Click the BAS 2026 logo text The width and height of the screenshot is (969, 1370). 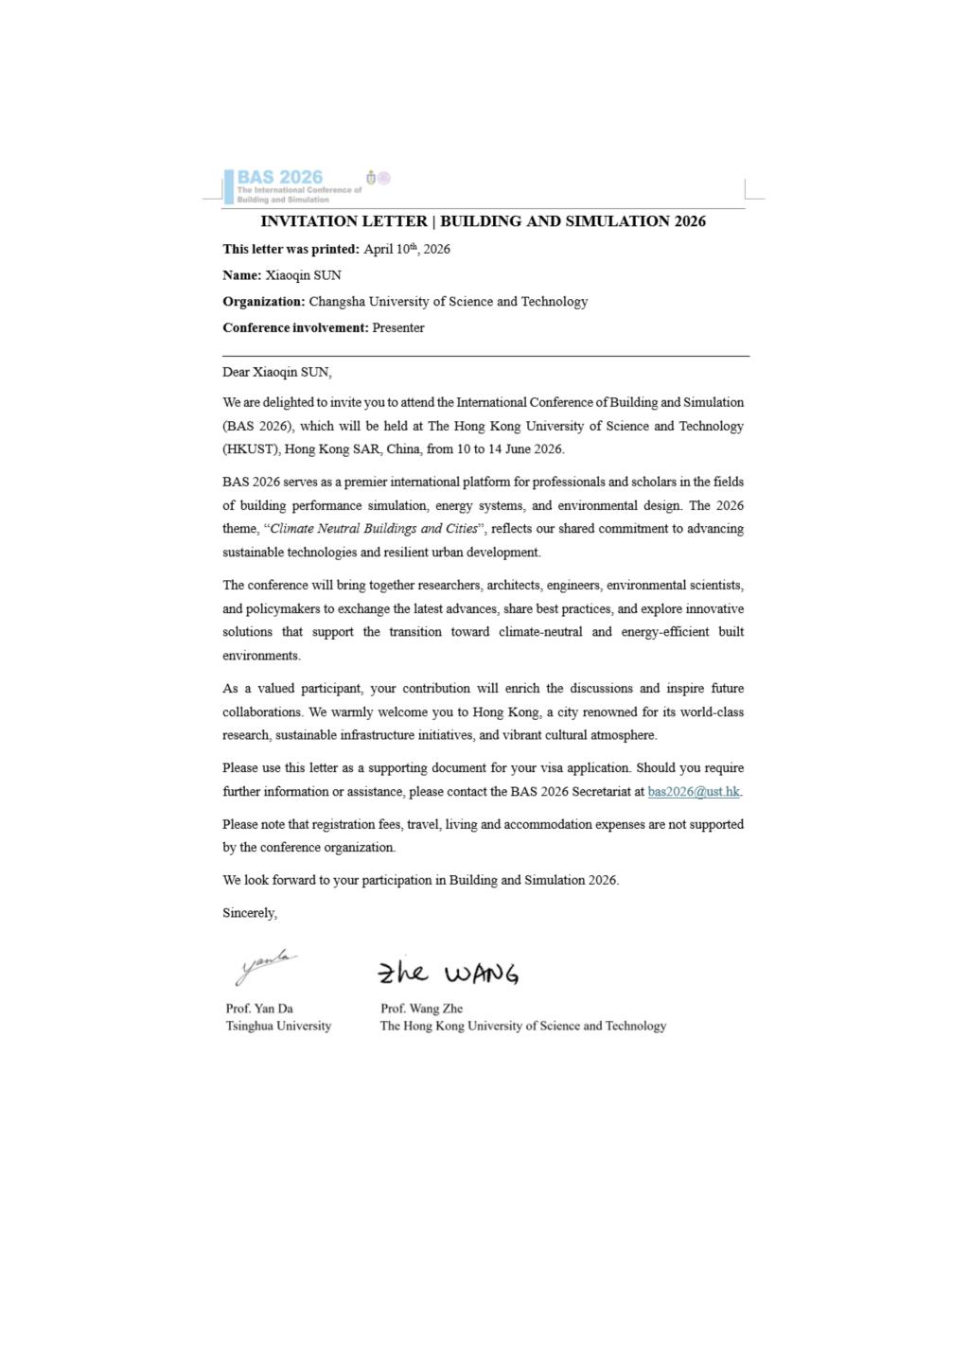tap(279, 177)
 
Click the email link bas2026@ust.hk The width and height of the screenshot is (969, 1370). tap(694, 792)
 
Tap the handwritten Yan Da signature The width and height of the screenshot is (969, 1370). tap(265, 967)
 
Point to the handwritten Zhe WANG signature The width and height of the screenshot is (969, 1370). tap(448, 973)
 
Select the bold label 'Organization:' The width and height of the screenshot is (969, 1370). tap(264, 302)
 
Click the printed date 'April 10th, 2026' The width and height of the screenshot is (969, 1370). tap(407, 250)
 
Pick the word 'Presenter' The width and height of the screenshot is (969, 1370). tap(398, 328)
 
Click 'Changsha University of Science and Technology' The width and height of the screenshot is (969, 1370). tap(448, 302)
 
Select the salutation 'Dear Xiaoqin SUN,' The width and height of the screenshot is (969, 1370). tap(277, 373)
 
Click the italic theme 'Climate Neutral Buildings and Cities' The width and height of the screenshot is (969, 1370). tap(374, 529)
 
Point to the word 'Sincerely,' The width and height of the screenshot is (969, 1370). tap(250, 913)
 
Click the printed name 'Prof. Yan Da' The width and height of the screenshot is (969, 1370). tap(259, 1009)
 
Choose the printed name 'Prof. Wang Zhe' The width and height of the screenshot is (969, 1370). tap(421, 1009)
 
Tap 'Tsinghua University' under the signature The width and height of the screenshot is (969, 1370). tap(278, 1026)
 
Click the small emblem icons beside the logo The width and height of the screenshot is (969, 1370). tap(378, 178)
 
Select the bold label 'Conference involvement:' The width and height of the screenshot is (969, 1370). tap(295, 328)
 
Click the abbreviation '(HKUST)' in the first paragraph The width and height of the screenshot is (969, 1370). tap(250, 449)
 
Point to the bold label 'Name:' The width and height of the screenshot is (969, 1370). tap(242, 275)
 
